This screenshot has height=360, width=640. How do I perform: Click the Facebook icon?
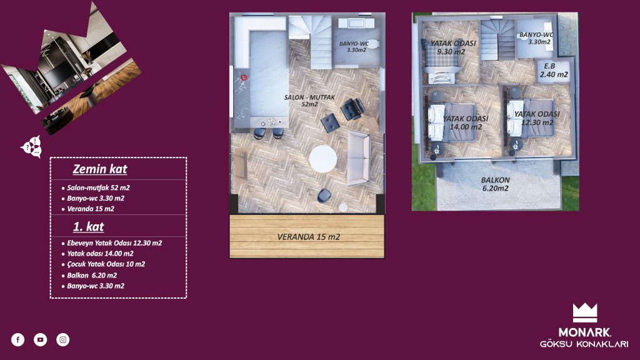coord(17,339)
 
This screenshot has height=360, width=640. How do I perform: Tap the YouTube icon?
coord(41,339)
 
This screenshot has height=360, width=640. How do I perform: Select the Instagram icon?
coord(63,339)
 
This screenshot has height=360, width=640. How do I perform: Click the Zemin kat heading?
coord(100,169)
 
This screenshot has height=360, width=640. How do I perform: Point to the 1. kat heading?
coord(89,226)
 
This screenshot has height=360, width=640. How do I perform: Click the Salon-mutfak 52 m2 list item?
coord(96,187)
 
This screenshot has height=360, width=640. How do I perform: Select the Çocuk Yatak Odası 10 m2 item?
coord(103,264)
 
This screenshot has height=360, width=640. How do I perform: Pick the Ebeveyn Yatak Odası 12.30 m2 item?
coord(111,243)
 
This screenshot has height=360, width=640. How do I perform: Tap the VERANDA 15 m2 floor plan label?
coord(309,237)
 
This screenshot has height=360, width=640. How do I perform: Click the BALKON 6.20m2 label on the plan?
coord(496,184)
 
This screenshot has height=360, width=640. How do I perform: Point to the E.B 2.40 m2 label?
coord(554,70)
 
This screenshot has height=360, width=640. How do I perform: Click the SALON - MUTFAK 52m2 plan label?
coord(309,101)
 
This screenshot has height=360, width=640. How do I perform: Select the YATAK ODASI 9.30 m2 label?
coord(452,47)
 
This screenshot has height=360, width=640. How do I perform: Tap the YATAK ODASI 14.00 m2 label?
coord(466,122)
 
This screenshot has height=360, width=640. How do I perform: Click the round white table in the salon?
coord(323,159)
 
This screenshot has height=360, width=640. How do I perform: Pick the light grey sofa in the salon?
coord(359,158)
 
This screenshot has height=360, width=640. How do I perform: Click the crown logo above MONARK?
coord(585,312)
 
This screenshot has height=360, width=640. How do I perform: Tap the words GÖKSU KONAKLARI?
coord(584,344)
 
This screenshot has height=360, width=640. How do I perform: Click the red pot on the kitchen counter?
coord(244,77)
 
